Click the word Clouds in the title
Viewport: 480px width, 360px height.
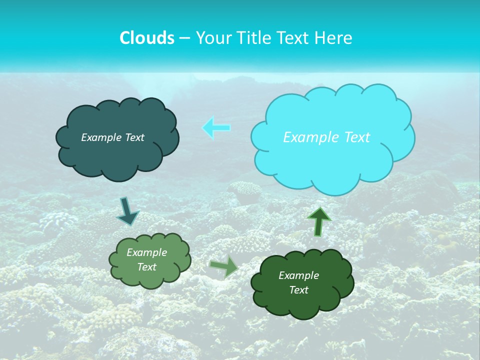click(x=147, y=38)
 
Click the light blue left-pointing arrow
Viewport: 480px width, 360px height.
click(x=216, y=127)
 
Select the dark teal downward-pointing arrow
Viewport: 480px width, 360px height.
click(x=127, y=211)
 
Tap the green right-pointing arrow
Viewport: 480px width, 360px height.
click(x=223, y=266)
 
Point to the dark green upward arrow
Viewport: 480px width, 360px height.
click(x=319, y=221)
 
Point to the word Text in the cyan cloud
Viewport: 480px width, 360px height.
click(x=357, y=137)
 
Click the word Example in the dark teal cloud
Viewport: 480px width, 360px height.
click(x=101, y=137)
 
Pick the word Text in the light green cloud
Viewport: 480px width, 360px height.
click(x=147, y=267)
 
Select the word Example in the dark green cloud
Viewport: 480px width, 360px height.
click(x=298, y=275)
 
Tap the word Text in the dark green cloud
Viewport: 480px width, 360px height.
click(x=298, y=290)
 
